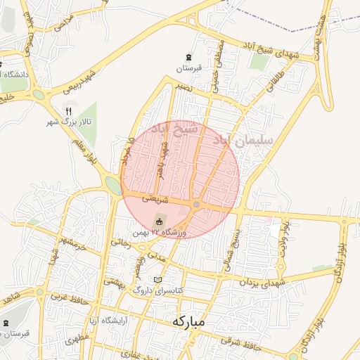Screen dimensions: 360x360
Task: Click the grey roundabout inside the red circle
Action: pyautogui.click(x=197, y=205)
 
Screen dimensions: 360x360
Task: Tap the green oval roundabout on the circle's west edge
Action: pyautogui.click(x=112, y=185)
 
